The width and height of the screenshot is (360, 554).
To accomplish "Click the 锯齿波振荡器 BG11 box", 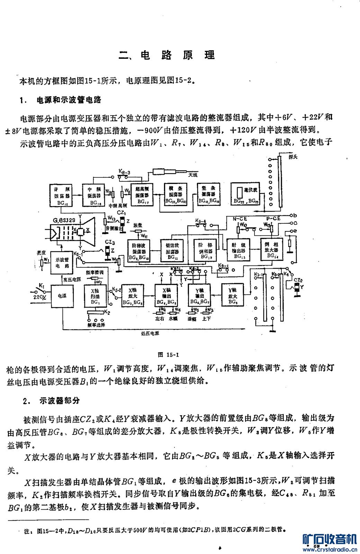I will [x=172, y=250].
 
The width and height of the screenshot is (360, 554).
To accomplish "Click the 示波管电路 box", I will [x=62, y=263].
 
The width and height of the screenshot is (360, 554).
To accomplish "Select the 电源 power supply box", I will [x=62, y=296].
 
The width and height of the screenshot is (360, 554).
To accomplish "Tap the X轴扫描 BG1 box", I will [x=95, y=296].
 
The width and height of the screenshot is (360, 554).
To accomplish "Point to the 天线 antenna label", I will [x=193, y=175].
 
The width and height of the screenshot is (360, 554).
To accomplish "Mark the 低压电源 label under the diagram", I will [x=150, y=333].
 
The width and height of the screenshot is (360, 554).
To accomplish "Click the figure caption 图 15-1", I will [x=168, y=355].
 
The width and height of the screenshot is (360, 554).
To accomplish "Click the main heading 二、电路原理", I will [x=167, y=55].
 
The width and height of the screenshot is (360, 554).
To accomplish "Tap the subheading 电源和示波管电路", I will [x=69, y=100].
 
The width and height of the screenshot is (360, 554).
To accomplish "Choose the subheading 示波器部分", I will [x=60, y=401].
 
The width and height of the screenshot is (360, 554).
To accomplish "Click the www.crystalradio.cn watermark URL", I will [x=330, y=549].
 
